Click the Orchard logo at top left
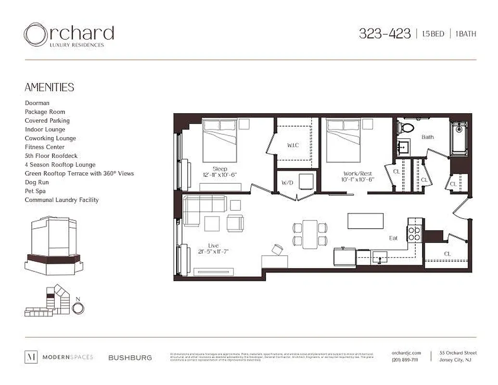coord(68,35)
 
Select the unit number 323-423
coord(384,34)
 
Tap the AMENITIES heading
coord(49,87)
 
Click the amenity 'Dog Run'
coord(37,182)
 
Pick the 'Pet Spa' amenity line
coord(36,191)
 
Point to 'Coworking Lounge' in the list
coord(50,138)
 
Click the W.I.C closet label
coord(293,145)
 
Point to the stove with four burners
coord(414,233)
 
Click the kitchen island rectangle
coord(366,221)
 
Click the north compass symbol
coord(78,307)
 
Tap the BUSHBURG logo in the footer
coord(130,358)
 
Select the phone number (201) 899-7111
coord(405,360)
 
